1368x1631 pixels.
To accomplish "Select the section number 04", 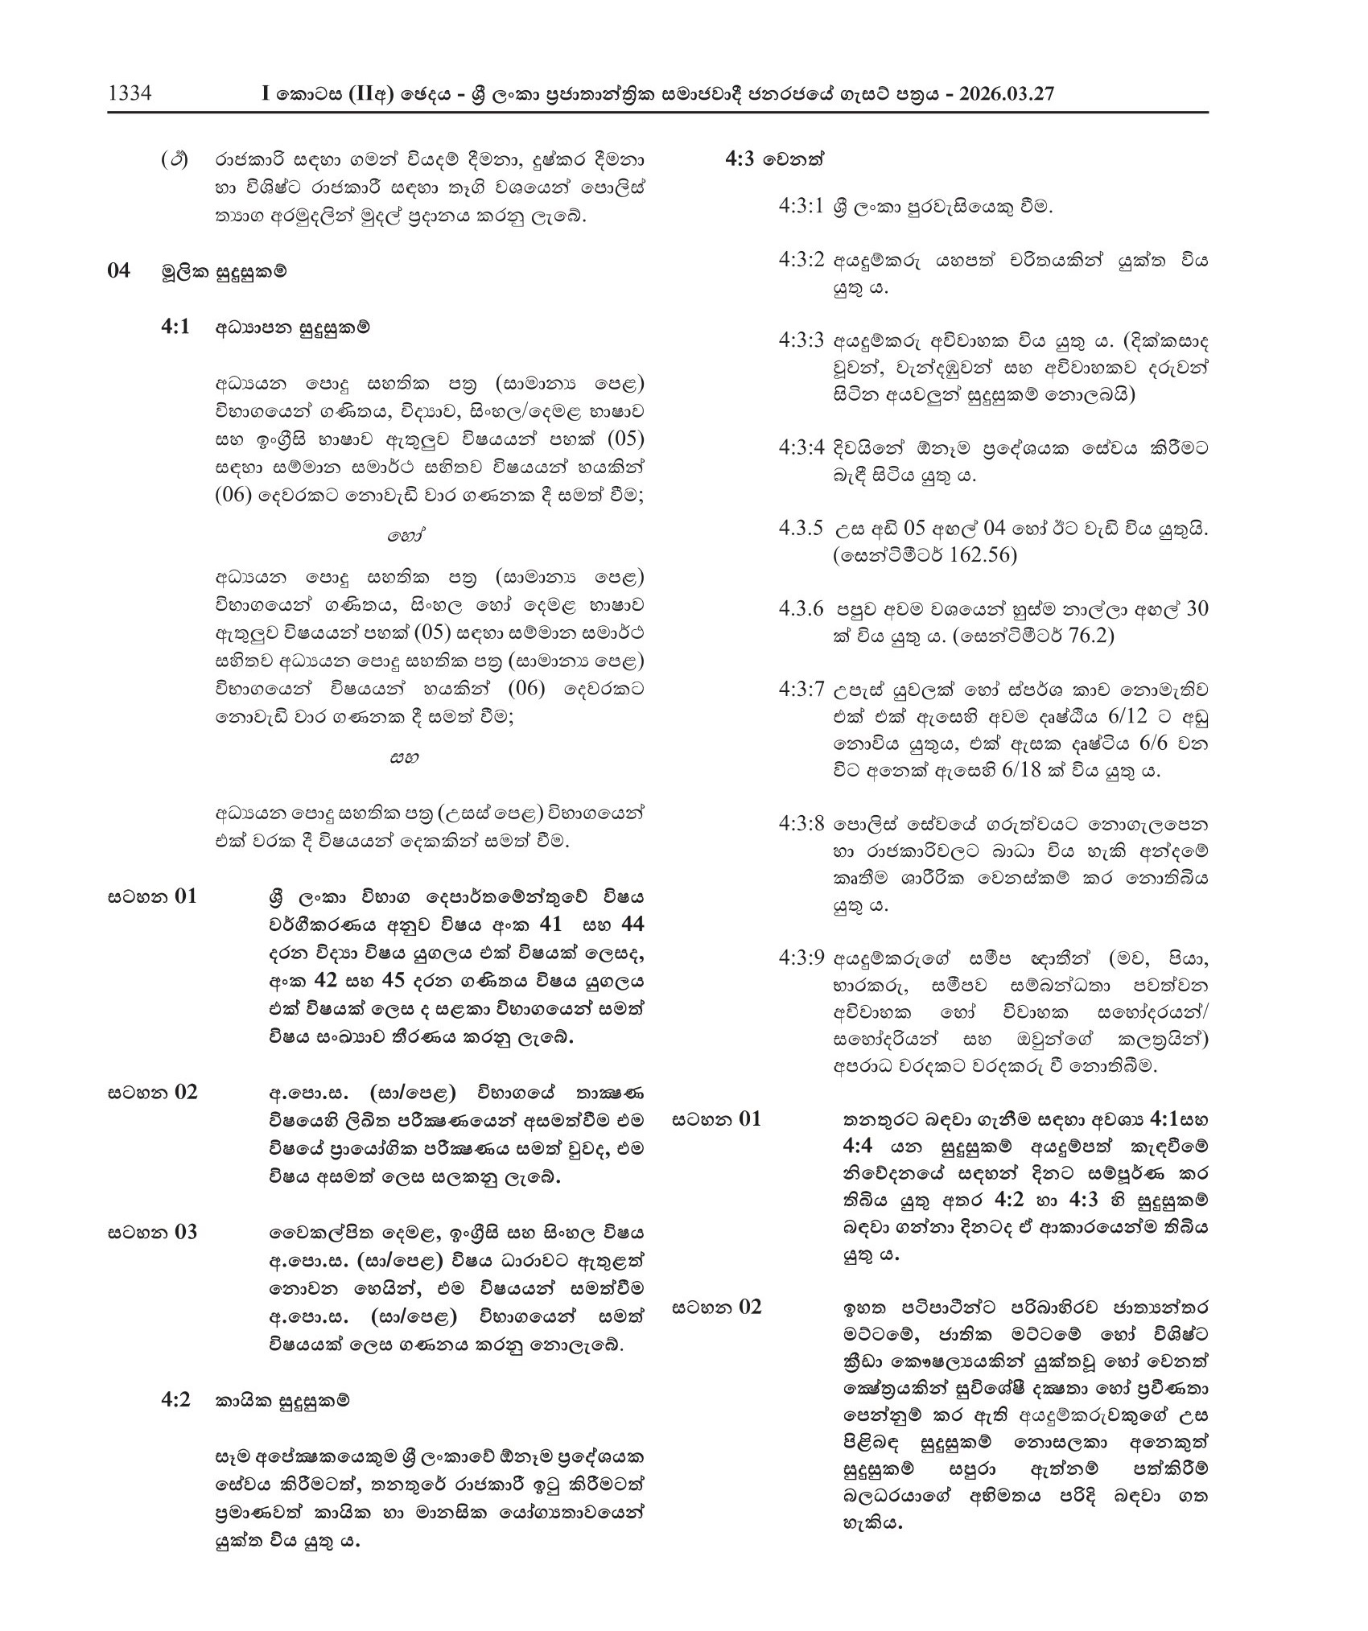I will (x=118, y=270).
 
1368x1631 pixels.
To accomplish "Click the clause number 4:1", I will (x=175, y=327).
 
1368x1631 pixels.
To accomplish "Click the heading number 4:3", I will (x=740, y=159).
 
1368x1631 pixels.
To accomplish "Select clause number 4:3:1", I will (x=801, y=206).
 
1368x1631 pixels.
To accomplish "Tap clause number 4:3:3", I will (x=801, y=340).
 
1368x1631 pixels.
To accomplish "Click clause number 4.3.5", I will (x=801, y=529).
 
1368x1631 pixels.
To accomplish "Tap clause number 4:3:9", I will (x=801, y=958).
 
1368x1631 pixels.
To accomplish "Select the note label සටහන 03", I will (x=152, y=1232).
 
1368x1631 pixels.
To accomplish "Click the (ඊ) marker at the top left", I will (x=175, y=159).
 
